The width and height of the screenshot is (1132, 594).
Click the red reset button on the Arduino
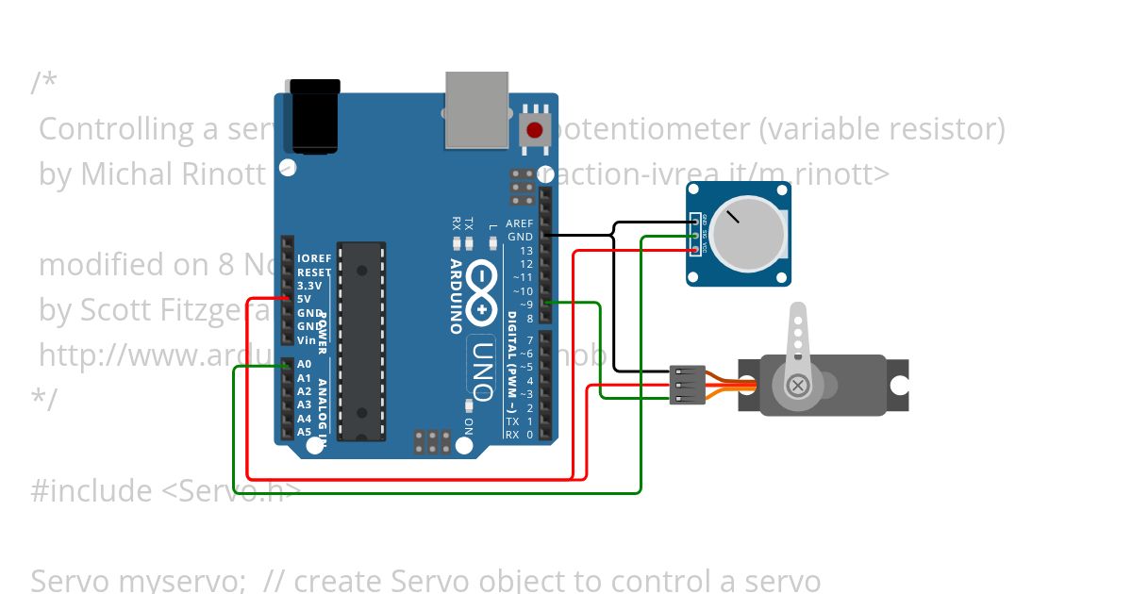[x=535, y=130]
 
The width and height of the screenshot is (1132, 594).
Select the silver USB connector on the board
[x=476, y=111]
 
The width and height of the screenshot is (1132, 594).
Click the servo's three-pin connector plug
[x=687, y=385]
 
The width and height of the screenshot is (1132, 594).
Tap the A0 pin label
[x=304, y=364]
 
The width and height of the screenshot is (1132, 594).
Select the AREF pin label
[x=520, y=223]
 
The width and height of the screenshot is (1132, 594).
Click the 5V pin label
[x=304, y=299]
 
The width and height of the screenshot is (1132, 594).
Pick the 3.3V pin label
[x=309, y=285]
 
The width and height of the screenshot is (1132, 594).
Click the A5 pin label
[x=304, y=432]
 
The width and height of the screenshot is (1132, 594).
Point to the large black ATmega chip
[x=361, y=340]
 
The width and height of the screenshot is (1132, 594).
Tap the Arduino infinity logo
[x=482, y=290]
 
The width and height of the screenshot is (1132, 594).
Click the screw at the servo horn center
[x=798, y=385]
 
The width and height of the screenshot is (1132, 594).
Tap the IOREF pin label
[x=314, y=258]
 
